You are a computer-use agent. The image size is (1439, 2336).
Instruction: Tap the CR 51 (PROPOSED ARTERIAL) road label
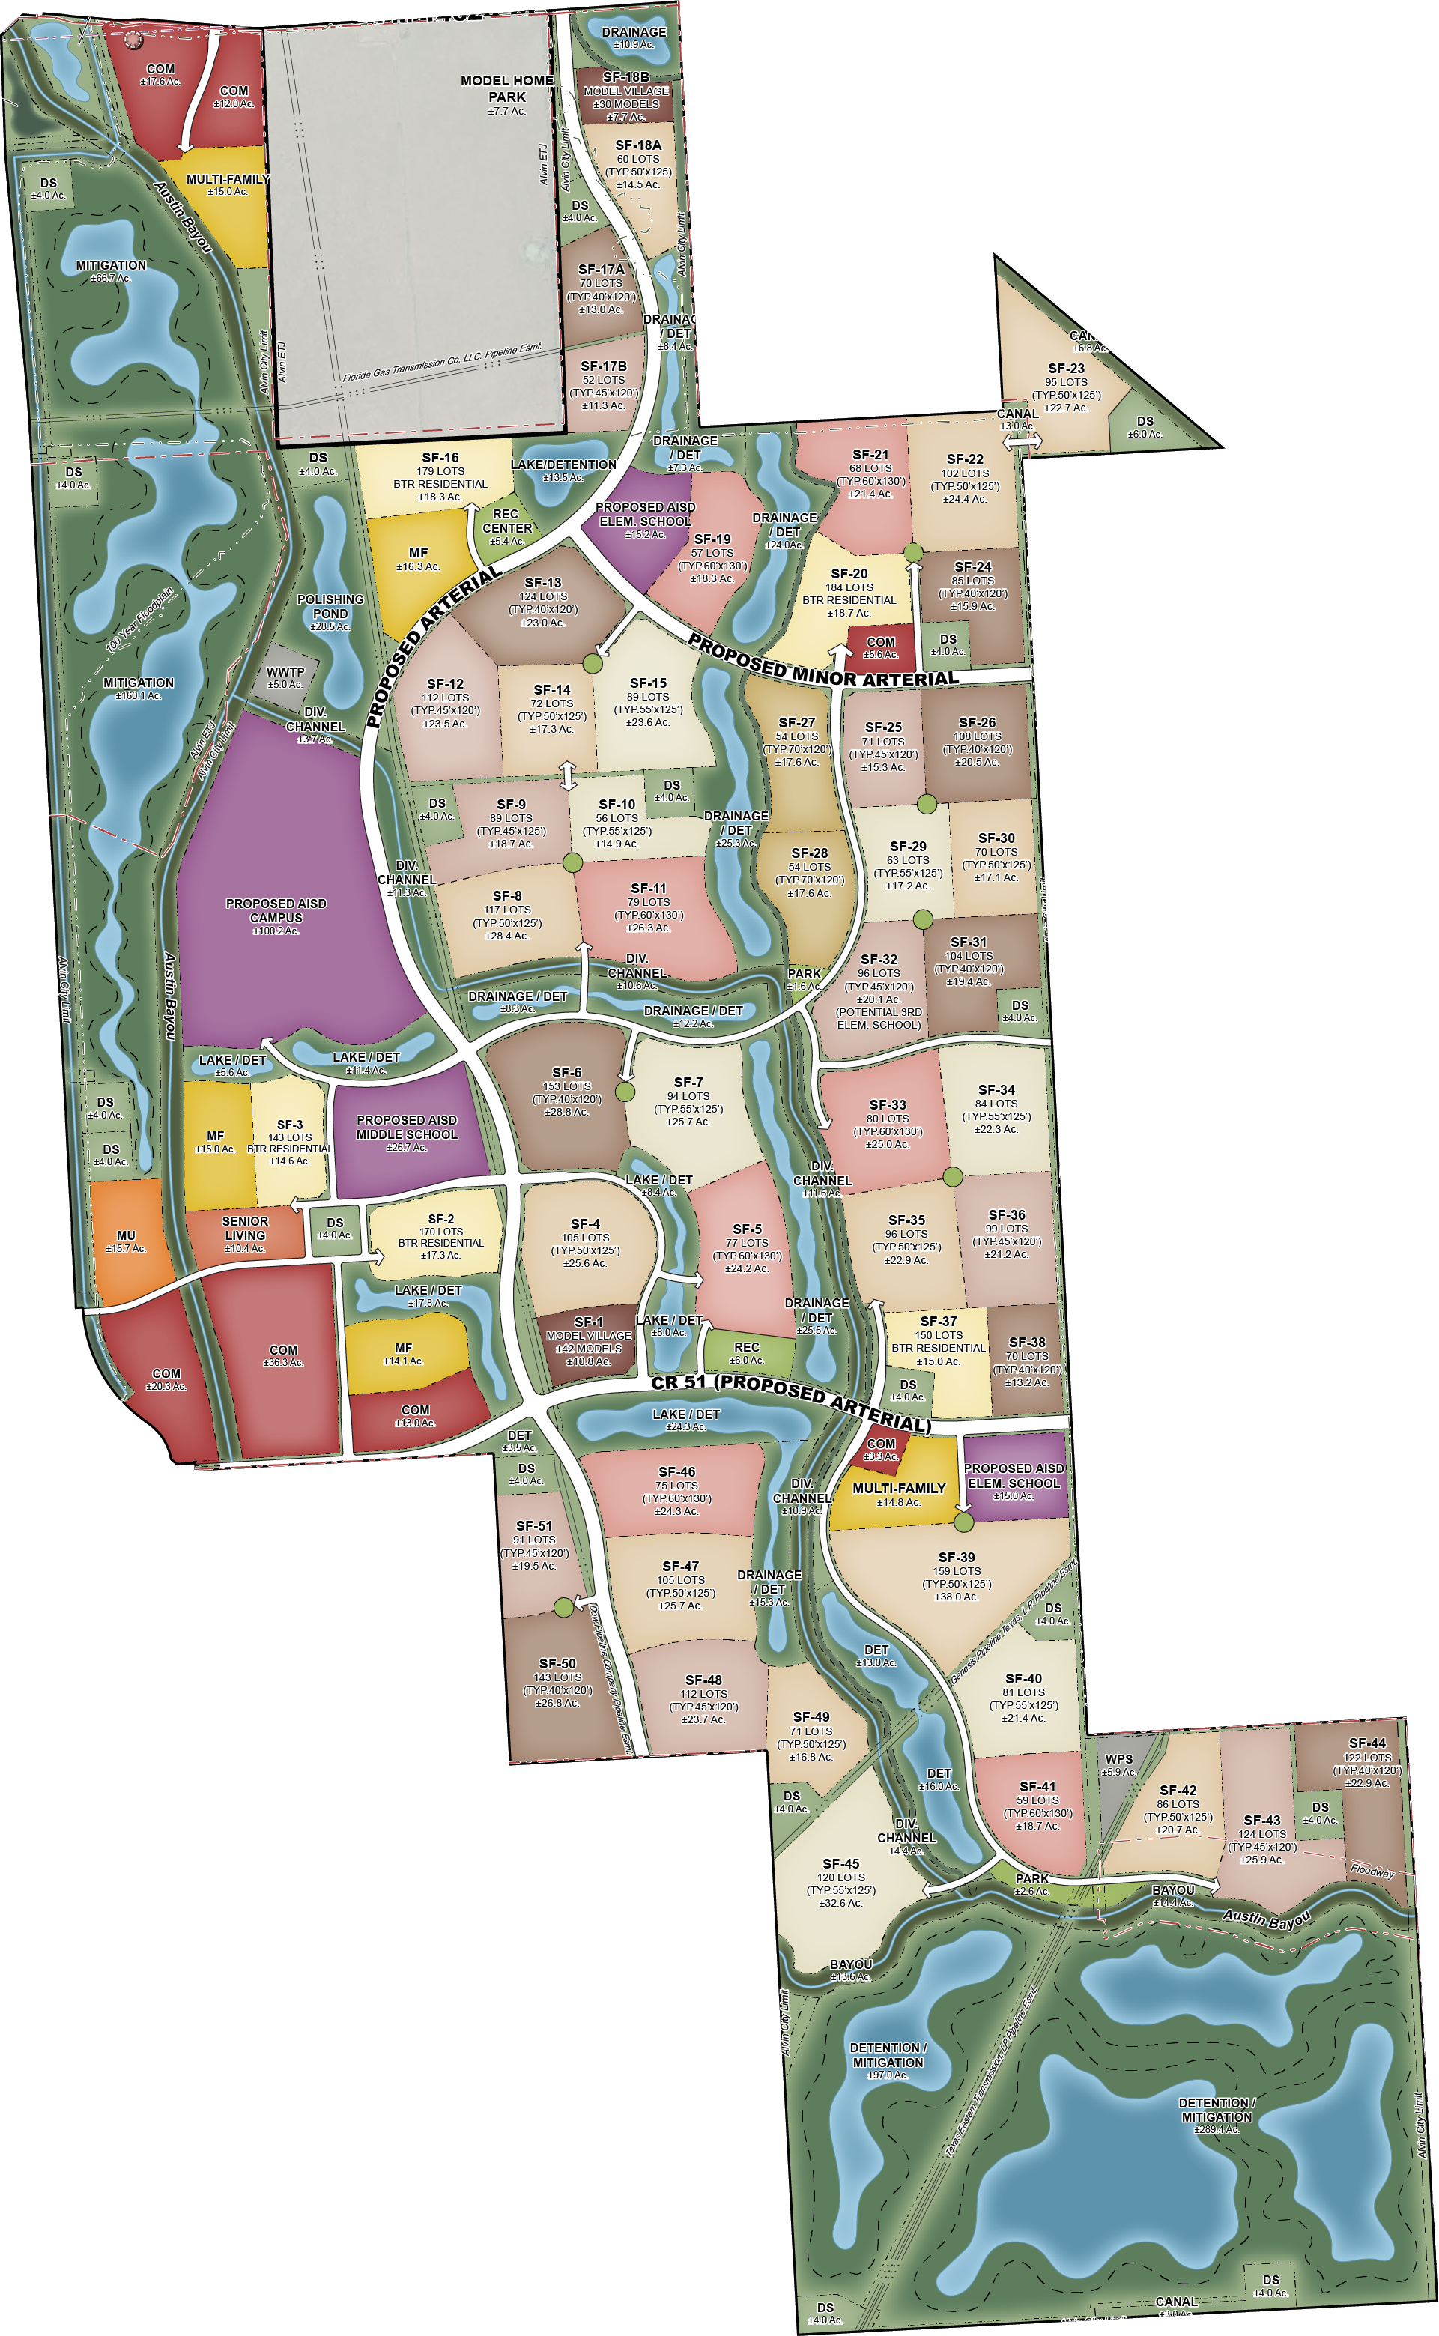point(791,1401)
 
